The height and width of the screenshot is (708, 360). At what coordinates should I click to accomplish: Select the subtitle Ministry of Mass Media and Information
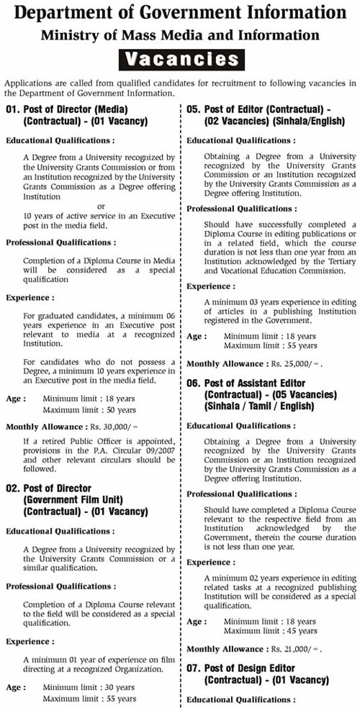(180, 34)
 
